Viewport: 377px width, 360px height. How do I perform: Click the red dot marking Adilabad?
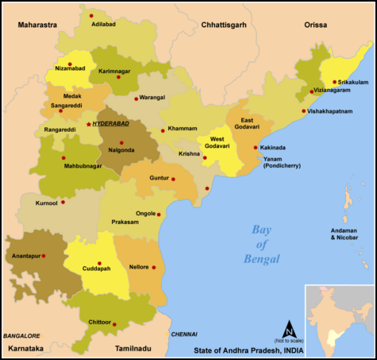(x=90, y=16)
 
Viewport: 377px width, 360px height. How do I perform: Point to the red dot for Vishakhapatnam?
(x=303, y=111)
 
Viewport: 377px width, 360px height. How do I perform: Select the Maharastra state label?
(x=37, y=25)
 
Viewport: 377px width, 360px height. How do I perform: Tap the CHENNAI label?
(x=183, y=335)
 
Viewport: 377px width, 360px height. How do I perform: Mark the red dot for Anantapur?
(x=44, y=256)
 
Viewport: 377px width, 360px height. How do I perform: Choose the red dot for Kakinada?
(x=255, y=148)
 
